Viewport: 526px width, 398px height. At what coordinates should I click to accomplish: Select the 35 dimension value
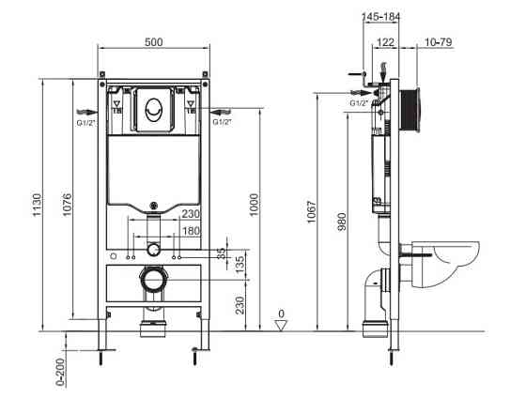point(221,253)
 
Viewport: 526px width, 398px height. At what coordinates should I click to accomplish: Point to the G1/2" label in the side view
point(358,102)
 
